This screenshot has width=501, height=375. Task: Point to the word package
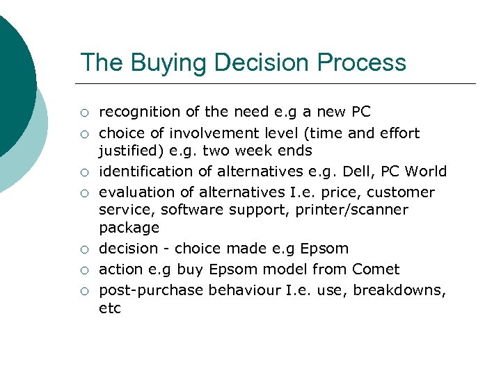[129, 228]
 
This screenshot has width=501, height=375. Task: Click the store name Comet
[376, 269]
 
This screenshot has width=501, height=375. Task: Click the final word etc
[110, 308]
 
